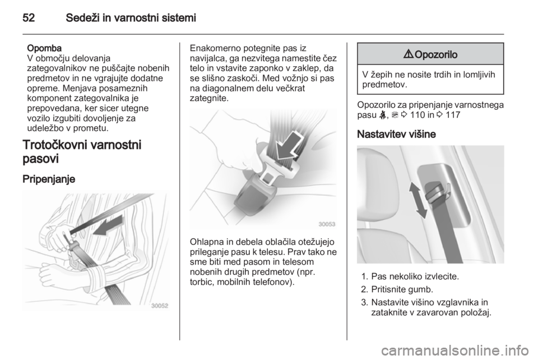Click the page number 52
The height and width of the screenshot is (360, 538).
point(29,17)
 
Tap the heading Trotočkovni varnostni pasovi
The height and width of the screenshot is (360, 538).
point(82,151)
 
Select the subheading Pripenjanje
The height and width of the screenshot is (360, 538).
point(49,179)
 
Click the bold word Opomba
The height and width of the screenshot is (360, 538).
point(44,48)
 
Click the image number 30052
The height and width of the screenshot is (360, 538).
point(160,306)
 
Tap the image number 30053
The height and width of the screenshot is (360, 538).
point(327,224)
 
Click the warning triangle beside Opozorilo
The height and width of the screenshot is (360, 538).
point(410,54)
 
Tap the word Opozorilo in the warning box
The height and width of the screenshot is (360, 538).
point(436,54)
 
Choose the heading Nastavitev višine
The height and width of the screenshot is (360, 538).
point(396,134)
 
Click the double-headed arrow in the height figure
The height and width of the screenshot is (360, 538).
point(418,200)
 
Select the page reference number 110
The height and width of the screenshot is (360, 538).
point(417,115)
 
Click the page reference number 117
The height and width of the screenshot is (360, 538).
point(453,115)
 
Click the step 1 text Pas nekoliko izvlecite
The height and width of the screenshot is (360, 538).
point(415,276)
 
